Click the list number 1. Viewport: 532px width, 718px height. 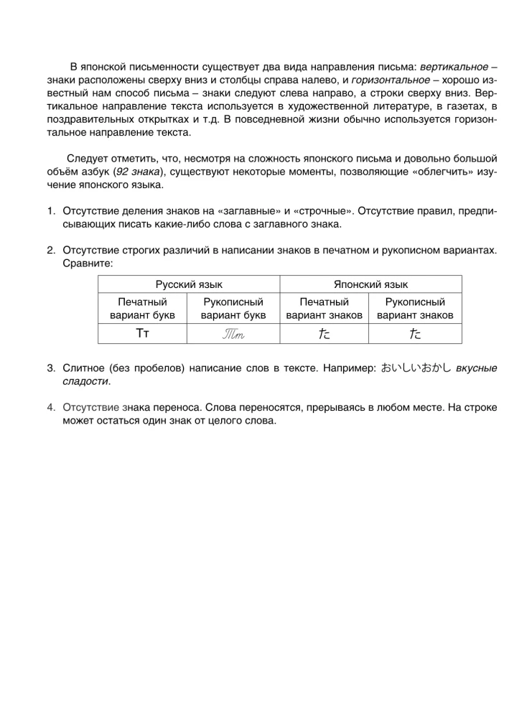click(x=51, y=211)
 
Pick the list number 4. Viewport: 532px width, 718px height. click(x=51, y=407)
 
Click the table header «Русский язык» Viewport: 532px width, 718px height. click(x=188, y=284)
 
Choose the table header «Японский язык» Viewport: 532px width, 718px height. click(x=370, y=284)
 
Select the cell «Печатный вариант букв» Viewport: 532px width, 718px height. click(x=142, y=309)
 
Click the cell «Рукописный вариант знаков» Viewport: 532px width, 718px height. click(x=415, y=309)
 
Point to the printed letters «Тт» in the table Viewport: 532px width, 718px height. click(x=142, y=333)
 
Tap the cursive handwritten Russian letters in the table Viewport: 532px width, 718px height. click(x=233, y=334)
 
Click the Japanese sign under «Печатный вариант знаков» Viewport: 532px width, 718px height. click(x=324, y=334)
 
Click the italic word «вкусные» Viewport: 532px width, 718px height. click(x=476, y=368)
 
